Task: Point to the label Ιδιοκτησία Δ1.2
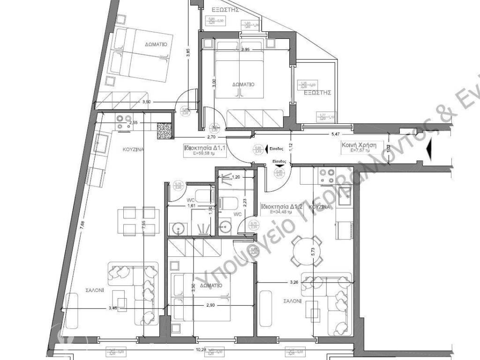279,207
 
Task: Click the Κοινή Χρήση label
359,145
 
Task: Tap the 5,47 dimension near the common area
336,135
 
